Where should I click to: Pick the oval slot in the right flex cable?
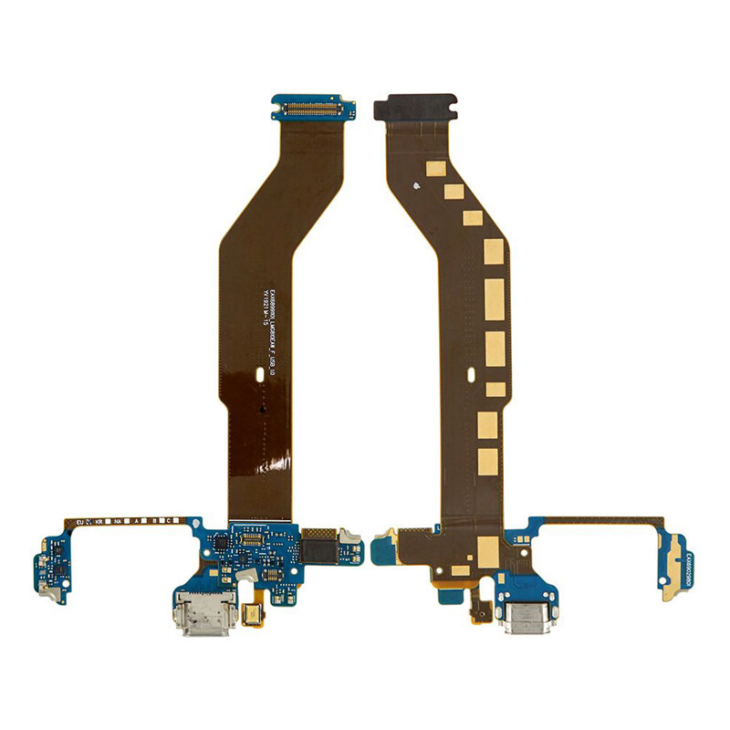(472, 373)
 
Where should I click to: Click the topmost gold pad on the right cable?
(436, 169)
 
